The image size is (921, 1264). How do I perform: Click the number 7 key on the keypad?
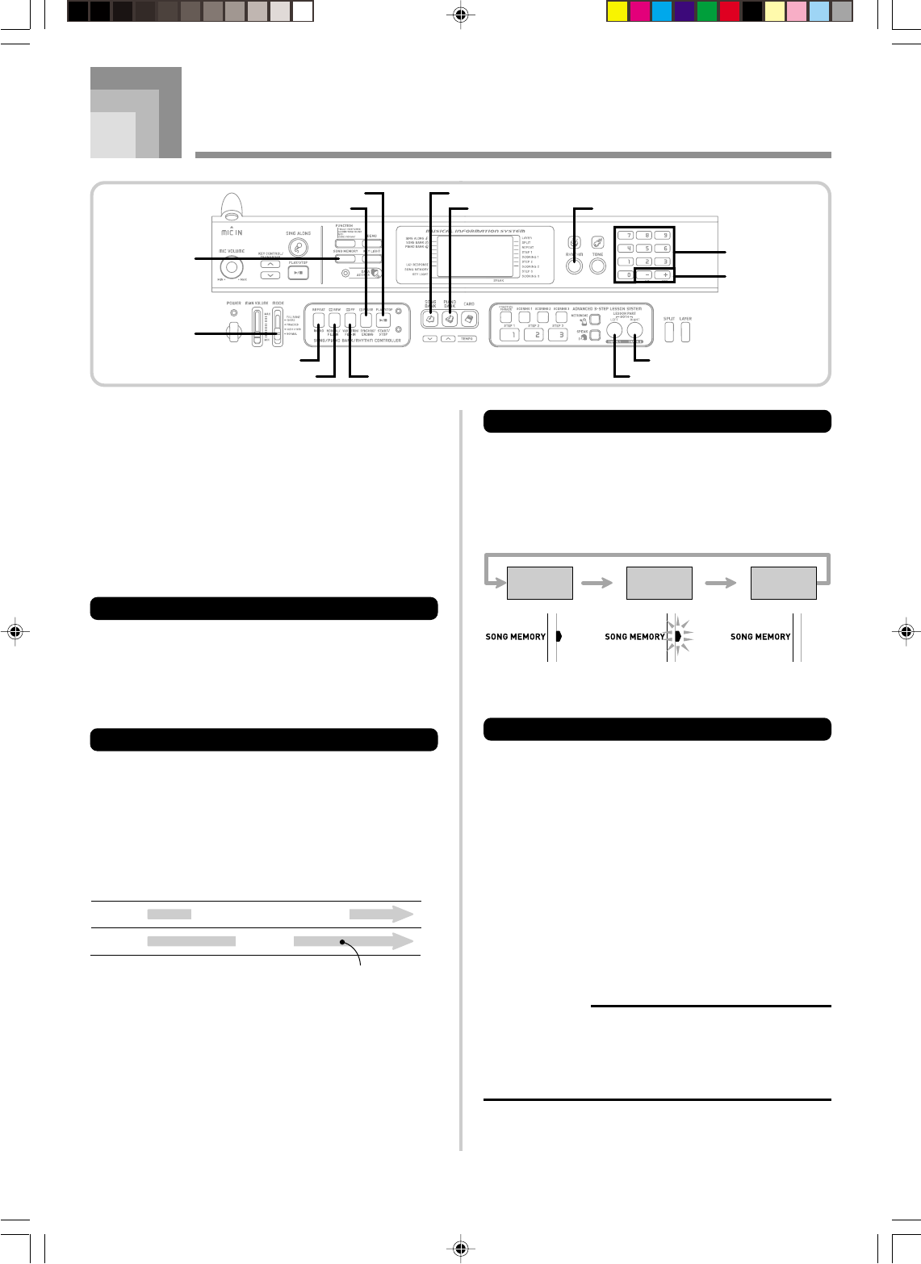tap(625, 235)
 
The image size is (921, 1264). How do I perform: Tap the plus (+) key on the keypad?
tap(665, 275)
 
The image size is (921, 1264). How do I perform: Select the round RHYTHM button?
tap(574, 266)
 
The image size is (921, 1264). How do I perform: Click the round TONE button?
tap(597, 266)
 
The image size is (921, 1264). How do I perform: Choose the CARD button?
tap(469, 320)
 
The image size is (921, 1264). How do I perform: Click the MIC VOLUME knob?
tap(232, 268)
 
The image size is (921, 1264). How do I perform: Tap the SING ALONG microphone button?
tap(298, 249)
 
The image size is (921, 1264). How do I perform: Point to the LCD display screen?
tap(474, 257)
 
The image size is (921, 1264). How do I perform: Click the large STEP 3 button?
tap(558, 335)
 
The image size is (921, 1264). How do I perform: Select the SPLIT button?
tap(669, 332)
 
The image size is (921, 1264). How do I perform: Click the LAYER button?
tap(685, 332)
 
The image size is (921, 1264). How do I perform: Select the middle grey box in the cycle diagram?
tap(659, 583)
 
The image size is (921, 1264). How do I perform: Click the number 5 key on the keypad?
tap(645, 249)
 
